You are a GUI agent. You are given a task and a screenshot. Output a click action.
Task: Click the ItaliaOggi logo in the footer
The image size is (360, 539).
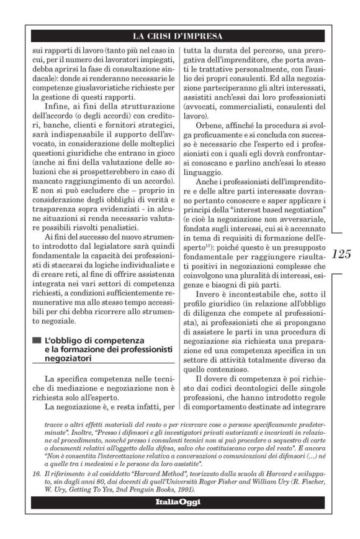(x=179, y=502)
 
